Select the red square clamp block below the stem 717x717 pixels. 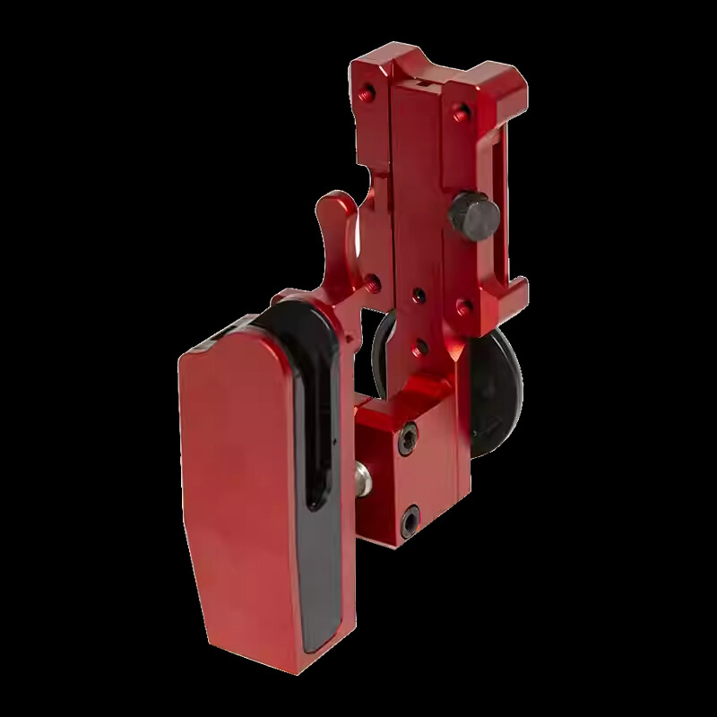pos(408,475)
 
